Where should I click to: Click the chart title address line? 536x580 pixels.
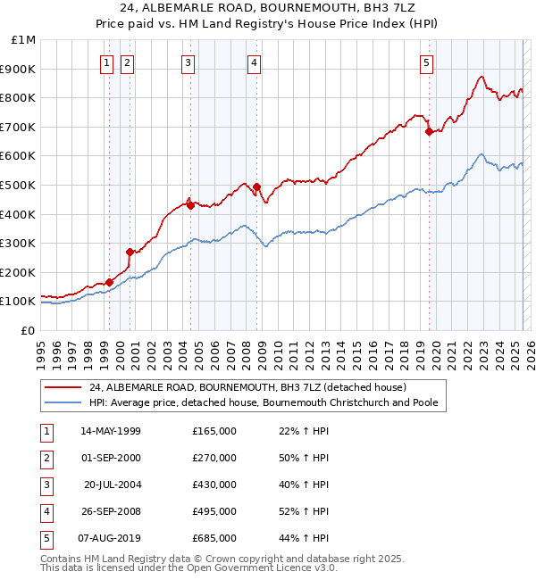[x=268, y=8]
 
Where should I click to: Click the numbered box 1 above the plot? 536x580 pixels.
[x=106, y=62]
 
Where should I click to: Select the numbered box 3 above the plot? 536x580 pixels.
[x=188, y=62]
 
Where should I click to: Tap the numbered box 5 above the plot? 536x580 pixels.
[x=426, y=62]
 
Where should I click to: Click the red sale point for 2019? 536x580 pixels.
[x=429, y=131]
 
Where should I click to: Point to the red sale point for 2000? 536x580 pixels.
[x=130, y=252]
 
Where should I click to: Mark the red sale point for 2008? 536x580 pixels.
[x=257, y=186]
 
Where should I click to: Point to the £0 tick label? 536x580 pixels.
[x=28, y=330]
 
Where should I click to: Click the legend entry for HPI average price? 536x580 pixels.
[x=263, y=402]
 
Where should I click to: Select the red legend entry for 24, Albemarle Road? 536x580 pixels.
[x=247, y=387]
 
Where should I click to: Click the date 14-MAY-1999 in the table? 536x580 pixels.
[x=111, y=431]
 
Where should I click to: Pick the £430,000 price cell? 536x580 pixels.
[x=214, y=485]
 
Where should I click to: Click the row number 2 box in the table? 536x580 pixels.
[x=45, y=458]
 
